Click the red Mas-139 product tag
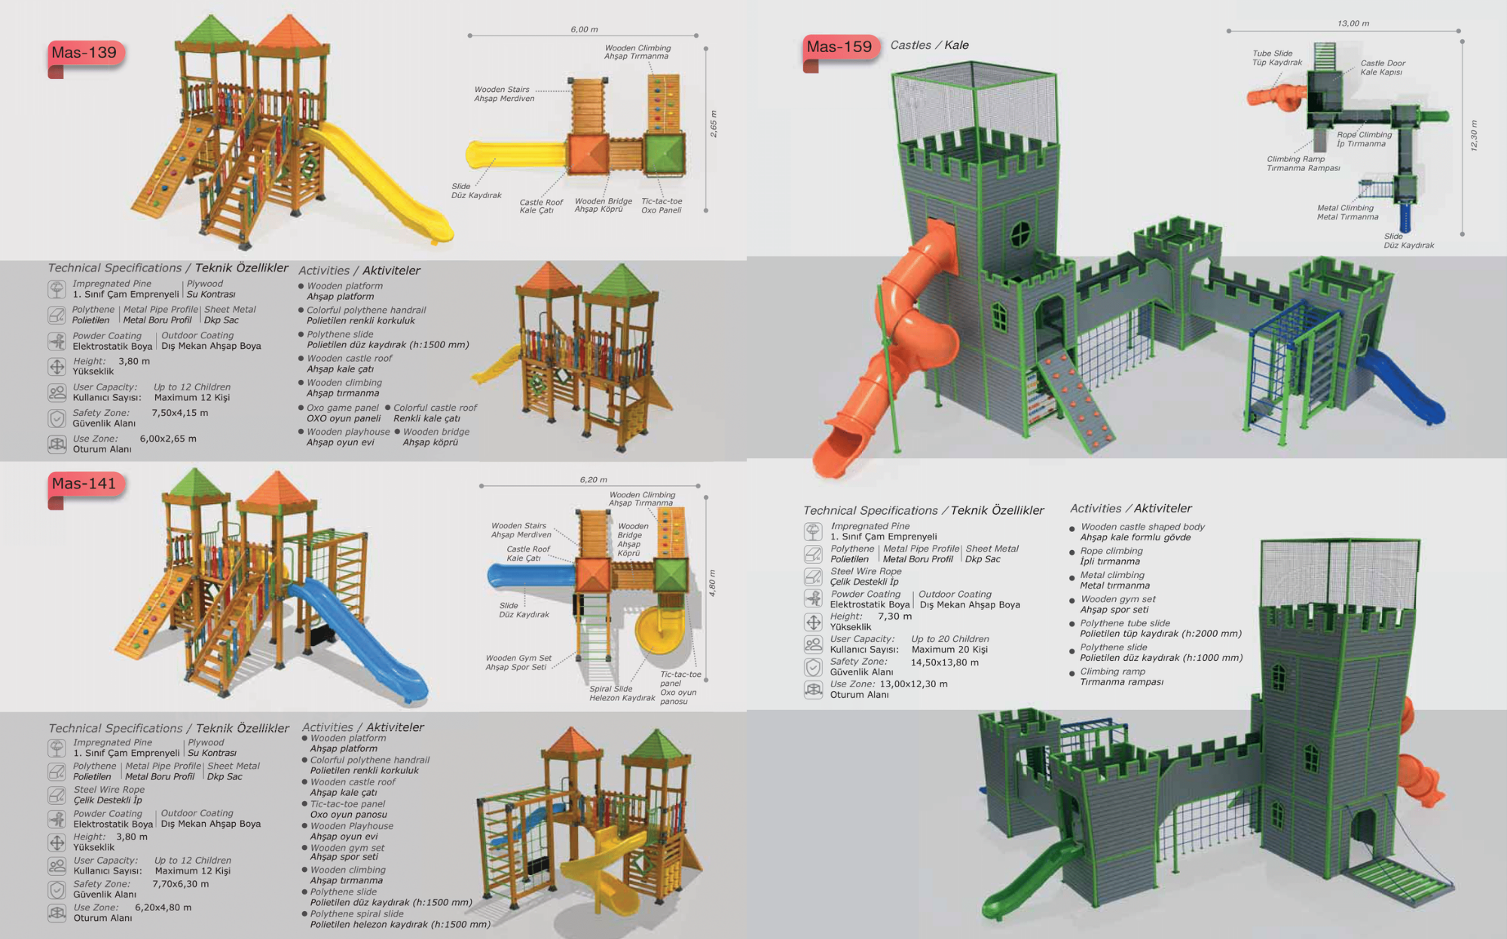point(84,53)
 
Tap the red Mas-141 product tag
point(84,484)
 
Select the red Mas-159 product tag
point(839,47)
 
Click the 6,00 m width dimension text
point(584,29)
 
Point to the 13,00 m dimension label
point(1353,23)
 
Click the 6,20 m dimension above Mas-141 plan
point(593,479)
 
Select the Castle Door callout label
point(1383,67)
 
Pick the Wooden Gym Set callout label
point(518,662)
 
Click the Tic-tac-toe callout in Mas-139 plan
point(662,206)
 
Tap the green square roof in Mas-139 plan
point(665,154)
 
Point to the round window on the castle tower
point(1019,233)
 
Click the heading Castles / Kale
point(929,45)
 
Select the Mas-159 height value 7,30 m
point(894,616)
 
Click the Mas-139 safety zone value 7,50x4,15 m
point(179,413)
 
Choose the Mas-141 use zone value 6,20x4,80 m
point(163,907)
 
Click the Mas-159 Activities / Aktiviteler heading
point(1130,509)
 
